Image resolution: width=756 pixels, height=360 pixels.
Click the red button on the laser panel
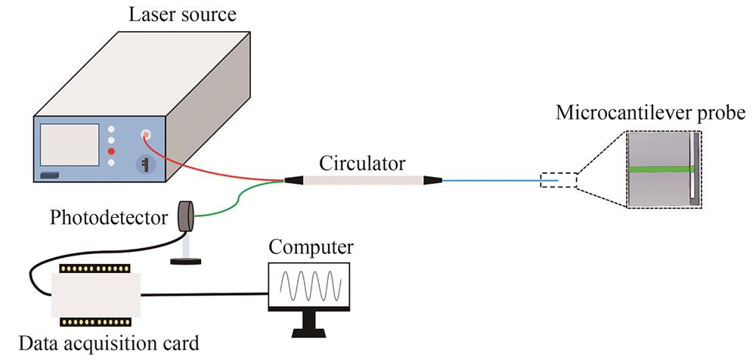point(111,151)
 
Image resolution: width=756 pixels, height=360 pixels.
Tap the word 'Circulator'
point(362,163)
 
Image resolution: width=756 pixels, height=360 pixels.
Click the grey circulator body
point(362,182)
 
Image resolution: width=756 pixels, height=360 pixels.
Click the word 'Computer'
point(311,248)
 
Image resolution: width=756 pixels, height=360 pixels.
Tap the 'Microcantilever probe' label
point(651,114)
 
